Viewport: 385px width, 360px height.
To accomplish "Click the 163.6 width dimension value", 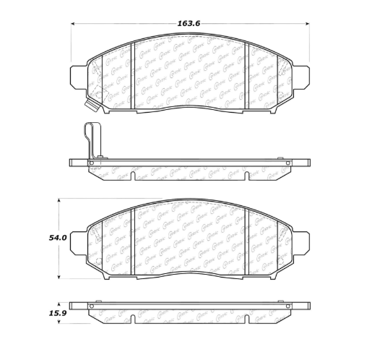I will tap(189, 23).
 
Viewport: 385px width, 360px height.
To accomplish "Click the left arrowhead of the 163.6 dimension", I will tap(73, 24).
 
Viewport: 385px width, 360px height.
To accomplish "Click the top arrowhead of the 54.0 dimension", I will tap(59, 199).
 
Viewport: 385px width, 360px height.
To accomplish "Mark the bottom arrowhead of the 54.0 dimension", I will tap(59, 278).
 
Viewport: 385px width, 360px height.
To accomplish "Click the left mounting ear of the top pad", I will tap(78, 75).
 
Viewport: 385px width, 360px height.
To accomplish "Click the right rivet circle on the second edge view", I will tap(288, 163).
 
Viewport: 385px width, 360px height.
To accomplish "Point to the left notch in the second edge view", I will tap(133, 176).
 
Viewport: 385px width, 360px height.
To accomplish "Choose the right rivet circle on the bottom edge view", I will tap(288, 305).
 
